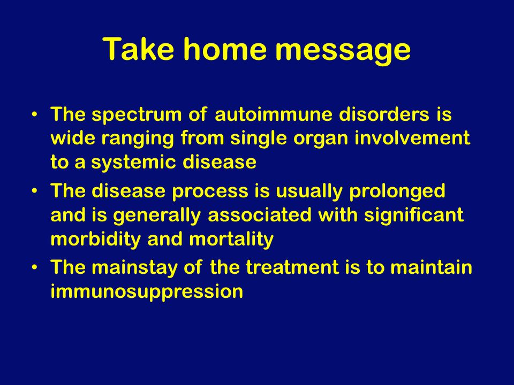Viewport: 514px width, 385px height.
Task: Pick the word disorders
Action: pos(384,114)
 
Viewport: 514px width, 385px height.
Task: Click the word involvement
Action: pos(412,138)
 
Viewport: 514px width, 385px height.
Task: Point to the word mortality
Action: pos(231,240)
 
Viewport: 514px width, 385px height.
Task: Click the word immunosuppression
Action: pos(147,292)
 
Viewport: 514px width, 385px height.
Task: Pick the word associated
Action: pos(259,215)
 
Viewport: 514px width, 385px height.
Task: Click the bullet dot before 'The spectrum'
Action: pos(34,114)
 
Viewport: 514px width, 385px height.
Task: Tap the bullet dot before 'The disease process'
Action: pos(34,191)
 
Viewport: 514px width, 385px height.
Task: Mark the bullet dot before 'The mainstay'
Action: pos(34,267)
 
